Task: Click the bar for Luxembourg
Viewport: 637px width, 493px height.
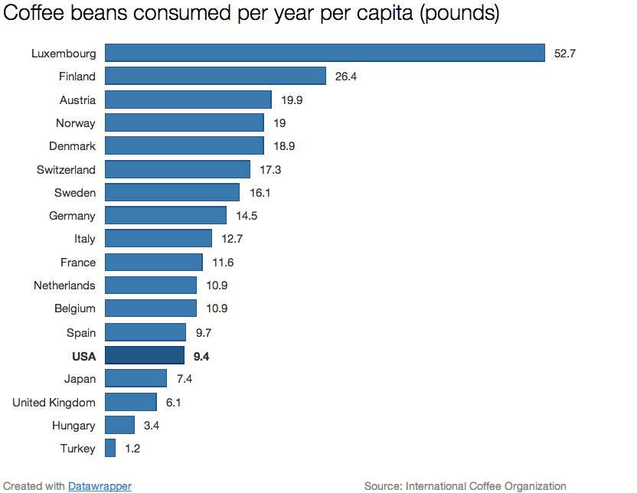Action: click(x=325, y=53)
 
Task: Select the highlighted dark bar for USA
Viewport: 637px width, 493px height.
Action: click(x=145, y=355)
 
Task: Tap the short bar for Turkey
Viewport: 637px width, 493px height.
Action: click(x=110, y=448)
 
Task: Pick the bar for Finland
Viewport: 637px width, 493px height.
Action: click(x=216, y=76)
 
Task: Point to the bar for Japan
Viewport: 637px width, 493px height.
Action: click(x=136, y=378)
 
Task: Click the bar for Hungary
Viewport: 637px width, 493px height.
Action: click(x=119, y=425)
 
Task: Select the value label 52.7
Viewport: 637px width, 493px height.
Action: click(x=564, y=54)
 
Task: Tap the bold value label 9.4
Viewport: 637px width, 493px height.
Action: click(x=201, y=356)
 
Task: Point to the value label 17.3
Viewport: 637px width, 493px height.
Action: click(x=270, y=169)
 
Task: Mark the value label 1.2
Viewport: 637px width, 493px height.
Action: click(x=132, y=449)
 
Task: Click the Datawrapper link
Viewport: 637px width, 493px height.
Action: click(x=100, y=486)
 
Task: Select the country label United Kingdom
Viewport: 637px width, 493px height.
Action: click(x=54, y=403)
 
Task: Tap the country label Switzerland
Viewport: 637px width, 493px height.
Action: click(x=66, y=169)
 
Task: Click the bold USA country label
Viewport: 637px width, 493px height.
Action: click(x=83, y=356)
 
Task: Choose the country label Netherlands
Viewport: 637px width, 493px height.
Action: click(x=64, y=286)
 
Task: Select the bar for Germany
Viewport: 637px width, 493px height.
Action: click(x=165, y=215)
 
